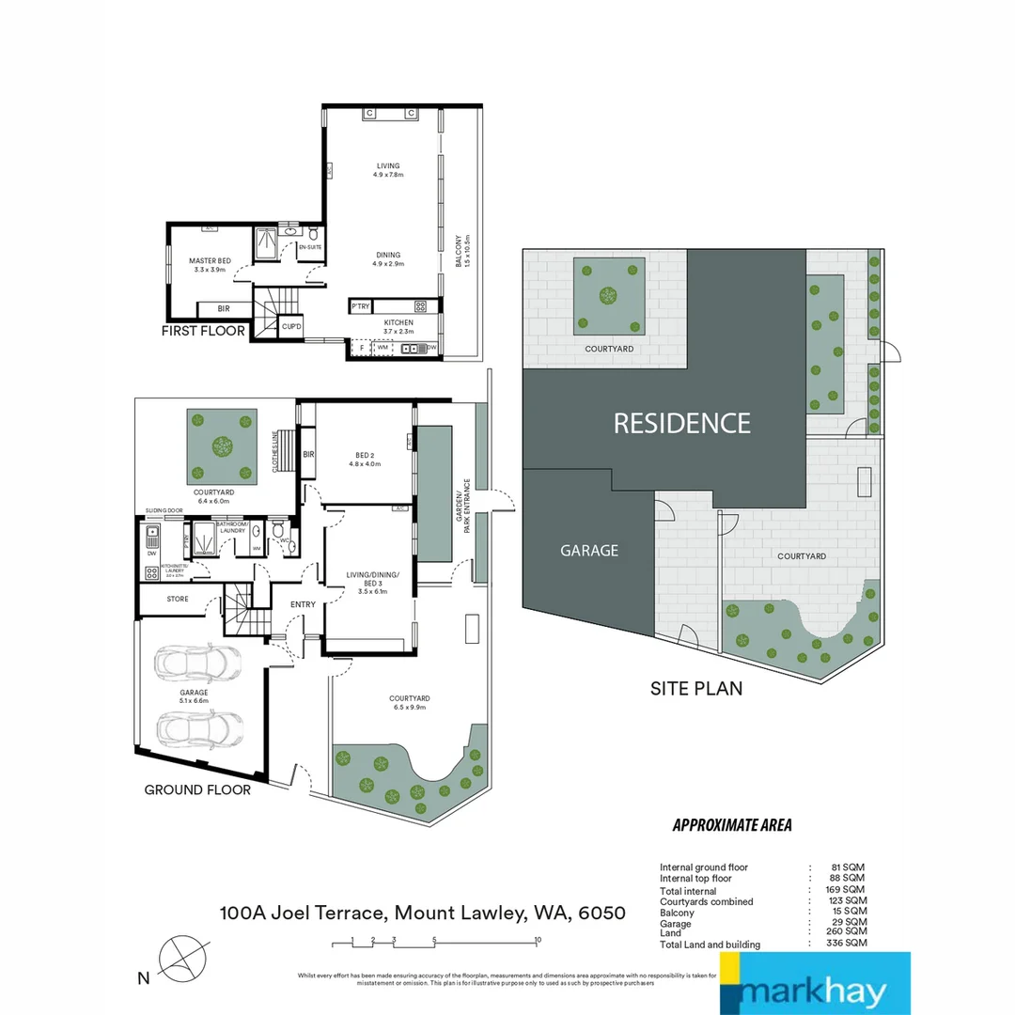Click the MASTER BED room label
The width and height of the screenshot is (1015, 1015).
pos(210,260)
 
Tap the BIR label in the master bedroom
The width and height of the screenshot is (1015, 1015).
pos(224,308)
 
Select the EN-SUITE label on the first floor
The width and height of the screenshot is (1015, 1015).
pos(309,247)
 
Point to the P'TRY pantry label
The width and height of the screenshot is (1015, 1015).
pos(359,306)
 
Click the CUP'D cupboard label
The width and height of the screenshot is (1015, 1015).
pos(291,327)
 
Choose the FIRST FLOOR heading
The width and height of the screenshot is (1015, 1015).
pos(203,331)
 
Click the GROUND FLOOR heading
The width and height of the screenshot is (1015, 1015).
pos(197,789)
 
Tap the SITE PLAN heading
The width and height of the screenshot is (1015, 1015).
pos(696,688)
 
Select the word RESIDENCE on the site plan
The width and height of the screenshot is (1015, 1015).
pos(682,423)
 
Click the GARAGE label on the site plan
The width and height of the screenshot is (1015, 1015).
pos(589,551)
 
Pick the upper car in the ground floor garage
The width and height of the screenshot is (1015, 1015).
pos(198,664)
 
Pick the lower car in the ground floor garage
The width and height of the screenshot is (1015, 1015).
pos(198,726)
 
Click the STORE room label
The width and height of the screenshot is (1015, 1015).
pos(177,599)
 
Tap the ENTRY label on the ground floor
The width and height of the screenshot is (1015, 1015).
pos(303,604)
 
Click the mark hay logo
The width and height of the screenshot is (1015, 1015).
pos(814,984)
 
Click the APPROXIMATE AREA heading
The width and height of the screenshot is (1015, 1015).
pos(732,825)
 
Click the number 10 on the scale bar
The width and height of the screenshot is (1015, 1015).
pos(537,939)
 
